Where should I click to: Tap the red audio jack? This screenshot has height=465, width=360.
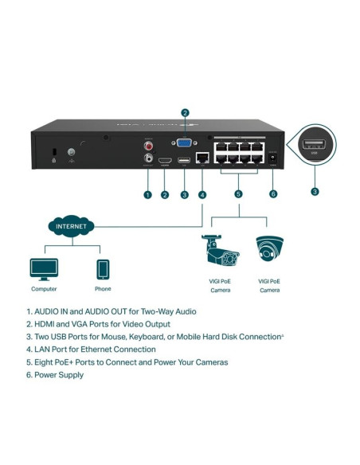coord(147,146)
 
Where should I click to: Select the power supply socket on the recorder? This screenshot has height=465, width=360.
coord(273,159)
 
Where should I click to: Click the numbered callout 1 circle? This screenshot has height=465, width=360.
coord(147,194)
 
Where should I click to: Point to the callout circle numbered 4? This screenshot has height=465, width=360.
coord(202,194)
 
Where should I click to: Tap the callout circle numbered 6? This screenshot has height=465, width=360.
coord(273,194)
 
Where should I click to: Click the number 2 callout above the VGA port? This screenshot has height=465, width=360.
coord(186,112)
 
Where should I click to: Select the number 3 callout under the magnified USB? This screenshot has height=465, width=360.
coord(314,192)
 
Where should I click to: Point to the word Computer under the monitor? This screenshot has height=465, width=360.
coord(43,289)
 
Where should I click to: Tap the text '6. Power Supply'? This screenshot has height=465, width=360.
coord(55,374)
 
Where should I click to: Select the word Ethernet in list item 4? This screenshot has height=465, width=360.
coord(98,349)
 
